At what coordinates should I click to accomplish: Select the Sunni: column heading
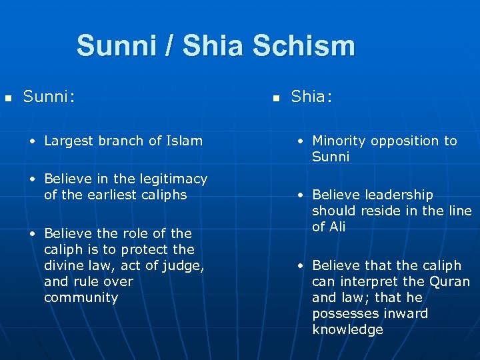point(49,97)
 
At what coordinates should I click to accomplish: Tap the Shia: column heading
point(312,97)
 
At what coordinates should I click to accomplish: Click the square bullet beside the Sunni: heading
point(8,99)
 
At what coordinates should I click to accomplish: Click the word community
point(81,297)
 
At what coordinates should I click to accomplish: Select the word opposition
point(407,141)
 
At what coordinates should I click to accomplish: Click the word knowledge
point(347,329)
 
